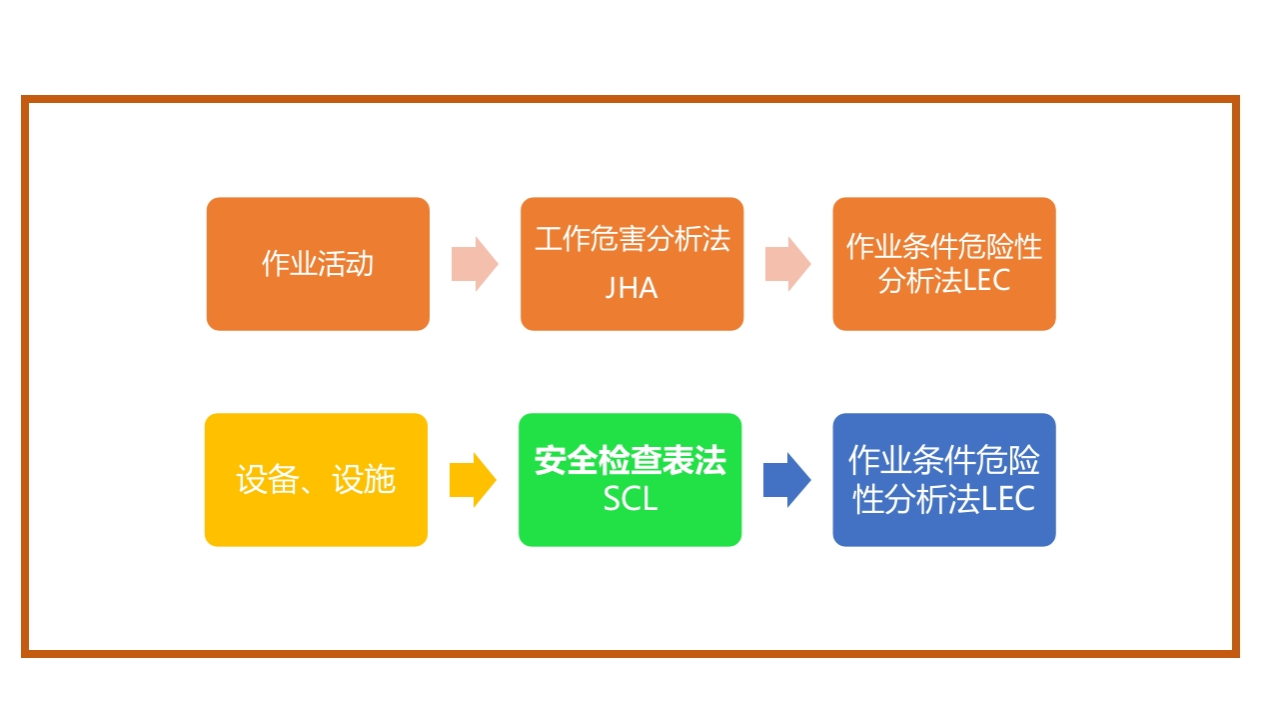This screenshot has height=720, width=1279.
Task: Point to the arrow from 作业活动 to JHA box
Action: click(x=475, y=264)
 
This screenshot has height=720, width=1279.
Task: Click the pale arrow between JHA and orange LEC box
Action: click(x=788, y=264)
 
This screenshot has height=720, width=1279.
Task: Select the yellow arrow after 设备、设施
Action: click(x=473, y=480)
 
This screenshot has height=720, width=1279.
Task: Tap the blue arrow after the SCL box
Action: click(x=787, y=480)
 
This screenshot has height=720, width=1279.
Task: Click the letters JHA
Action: click(x=632, y=288)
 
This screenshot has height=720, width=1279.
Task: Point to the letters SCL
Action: click(x=631, y=498)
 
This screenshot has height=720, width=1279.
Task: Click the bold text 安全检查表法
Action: click(x=631, y=461)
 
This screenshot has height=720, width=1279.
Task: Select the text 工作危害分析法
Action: click(x=633, y=239)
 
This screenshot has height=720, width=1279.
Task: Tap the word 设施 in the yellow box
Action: click(x=365, y=480)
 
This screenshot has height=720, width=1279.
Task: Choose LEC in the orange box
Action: click(x=987, y=281)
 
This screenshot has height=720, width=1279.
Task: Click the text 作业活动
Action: click(x=318, y=264)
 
